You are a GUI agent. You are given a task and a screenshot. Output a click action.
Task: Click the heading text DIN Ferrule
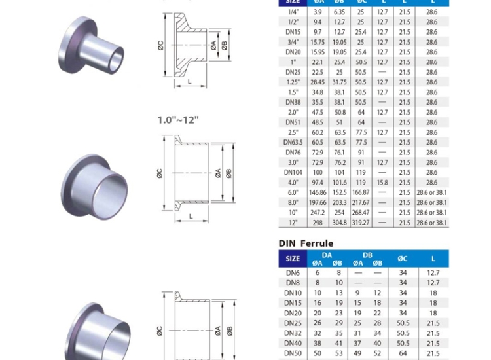[306, 243]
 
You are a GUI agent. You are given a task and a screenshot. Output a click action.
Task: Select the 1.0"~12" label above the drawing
[177, 120]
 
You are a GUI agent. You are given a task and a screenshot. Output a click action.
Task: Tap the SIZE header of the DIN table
[293, 259]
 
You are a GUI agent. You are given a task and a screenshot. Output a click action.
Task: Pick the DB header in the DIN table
[367, 255]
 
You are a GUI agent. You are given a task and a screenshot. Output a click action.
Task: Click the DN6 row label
[293, 272]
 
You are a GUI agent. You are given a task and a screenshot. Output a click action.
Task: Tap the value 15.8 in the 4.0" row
[382, 183]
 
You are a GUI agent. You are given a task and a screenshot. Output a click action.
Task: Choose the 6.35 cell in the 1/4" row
[339, 12]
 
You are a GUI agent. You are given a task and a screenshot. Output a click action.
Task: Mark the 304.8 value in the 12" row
[339, 223]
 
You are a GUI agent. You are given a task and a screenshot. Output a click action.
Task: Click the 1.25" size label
[293, 82]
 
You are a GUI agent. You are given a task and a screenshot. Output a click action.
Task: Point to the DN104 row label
[293, 172]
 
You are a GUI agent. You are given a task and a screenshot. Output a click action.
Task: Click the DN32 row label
[293, 333]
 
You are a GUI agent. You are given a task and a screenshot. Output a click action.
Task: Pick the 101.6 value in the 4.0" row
[339, 183]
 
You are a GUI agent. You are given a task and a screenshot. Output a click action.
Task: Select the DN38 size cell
[293, 102]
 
